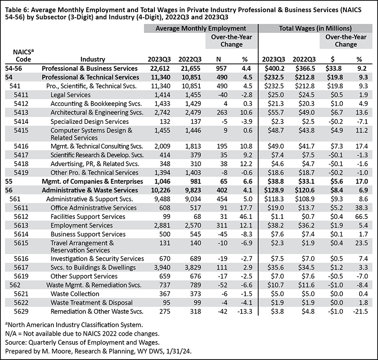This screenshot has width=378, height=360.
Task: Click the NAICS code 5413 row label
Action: pos(21,113)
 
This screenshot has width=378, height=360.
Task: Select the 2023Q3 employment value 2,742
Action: pos(161,113)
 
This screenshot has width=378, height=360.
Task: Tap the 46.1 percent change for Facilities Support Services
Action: pos(246,217)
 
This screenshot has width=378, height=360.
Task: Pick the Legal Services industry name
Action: pos(70,95)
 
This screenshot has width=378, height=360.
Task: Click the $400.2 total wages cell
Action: pos(274,68)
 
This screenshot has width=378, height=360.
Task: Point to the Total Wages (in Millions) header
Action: pos(315,28)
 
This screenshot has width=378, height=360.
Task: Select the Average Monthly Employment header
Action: pos(201,28)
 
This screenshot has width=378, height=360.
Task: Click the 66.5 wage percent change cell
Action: pos(361,217)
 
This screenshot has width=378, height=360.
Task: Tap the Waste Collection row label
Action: pos(75,294)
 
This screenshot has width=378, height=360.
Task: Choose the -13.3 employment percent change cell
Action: pos(244,311)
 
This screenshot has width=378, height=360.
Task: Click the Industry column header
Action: pos(93,59)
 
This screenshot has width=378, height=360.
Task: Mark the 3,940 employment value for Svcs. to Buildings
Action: pos(161,268)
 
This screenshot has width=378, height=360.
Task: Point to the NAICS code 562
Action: pos(15,285)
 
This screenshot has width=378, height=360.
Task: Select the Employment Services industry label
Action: pos(81,226)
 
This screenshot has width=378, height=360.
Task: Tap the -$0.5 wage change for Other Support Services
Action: pos(335,276)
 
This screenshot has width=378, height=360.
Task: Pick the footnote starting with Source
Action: pos(82,342)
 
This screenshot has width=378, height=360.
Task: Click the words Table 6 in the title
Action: pos(17,10)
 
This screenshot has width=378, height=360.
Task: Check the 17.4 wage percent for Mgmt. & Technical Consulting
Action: pos(361,146)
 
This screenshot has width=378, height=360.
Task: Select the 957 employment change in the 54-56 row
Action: pos(221,68)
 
